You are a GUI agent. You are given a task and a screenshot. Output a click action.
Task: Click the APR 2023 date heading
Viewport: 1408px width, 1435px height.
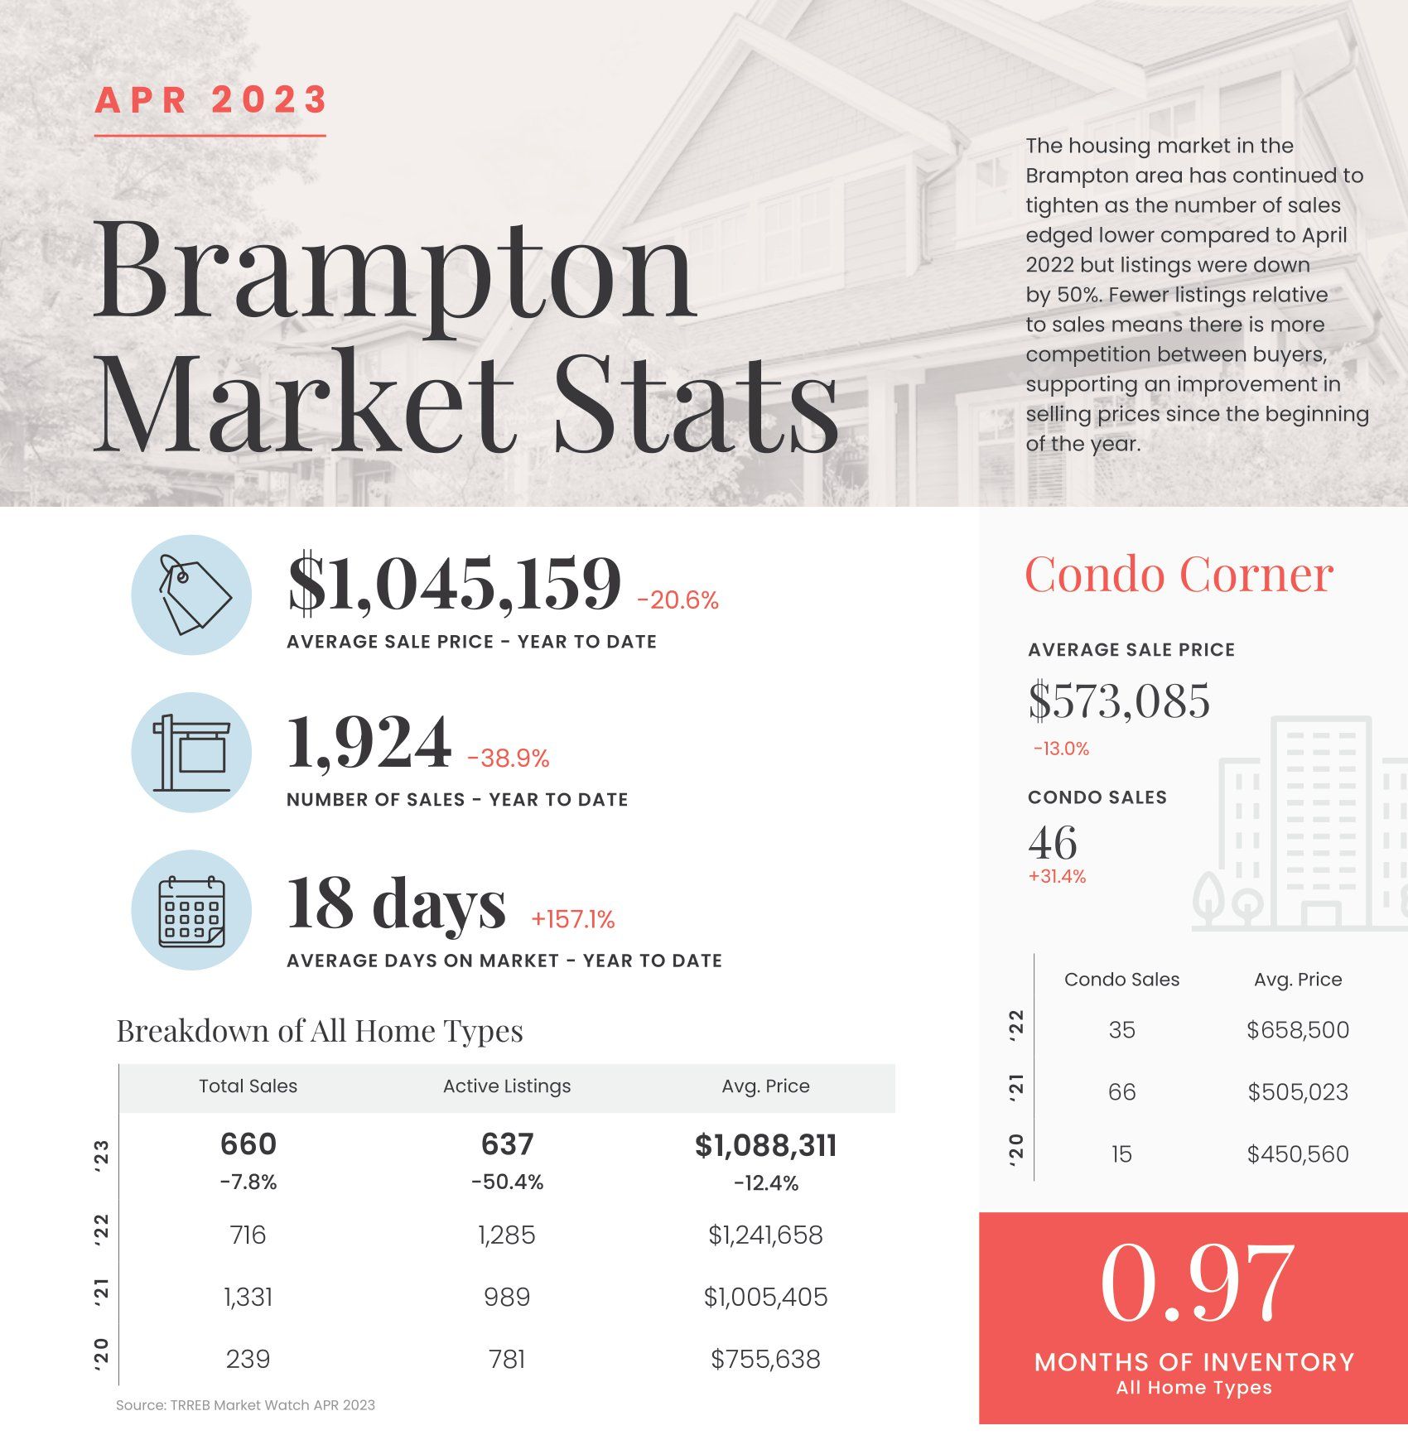[211, 100]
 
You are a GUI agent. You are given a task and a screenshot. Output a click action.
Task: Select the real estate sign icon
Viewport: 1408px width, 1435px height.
[191, 753]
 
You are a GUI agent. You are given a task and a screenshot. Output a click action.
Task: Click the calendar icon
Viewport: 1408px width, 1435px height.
[191, 911]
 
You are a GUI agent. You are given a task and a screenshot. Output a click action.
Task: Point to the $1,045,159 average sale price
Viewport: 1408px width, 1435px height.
[454, 584]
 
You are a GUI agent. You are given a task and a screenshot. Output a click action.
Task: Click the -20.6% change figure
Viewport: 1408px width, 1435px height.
[677, 600]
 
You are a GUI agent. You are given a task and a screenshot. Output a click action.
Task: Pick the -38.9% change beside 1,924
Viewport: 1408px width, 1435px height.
[508, 758]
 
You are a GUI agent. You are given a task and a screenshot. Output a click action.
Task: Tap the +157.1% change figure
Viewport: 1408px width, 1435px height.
[573, 919]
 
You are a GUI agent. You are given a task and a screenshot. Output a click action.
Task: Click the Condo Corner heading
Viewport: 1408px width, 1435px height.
[1179, 574]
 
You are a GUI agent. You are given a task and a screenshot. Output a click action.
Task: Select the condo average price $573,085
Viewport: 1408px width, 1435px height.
[1119, 701]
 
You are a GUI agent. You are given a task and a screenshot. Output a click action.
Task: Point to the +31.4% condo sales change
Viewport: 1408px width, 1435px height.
[1057, 876]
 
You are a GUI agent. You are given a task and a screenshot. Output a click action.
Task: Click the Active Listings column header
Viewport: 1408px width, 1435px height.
[507, 1086]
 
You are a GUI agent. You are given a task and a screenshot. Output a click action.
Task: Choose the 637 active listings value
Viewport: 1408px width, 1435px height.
[507, 1144]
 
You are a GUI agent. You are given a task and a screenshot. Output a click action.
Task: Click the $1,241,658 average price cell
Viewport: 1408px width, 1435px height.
[765, 1235]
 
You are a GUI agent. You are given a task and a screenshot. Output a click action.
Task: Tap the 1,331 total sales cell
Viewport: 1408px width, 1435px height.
[248, 1297]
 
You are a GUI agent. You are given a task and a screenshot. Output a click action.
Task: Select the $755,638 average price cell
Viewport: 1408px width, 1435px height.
[765, 1359]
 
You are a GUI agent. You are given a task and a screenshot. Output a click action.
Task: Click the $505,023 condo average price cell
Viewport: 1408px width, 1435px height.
[1298, 1092]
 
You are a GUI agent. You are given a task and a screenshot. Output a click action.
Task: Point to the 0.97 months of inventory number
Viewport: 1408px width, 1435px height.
[1196, 1283]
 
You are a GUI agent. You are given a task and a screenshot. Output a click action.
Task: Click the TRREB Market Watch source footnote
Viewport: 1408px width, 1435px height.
[245, 1405]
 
